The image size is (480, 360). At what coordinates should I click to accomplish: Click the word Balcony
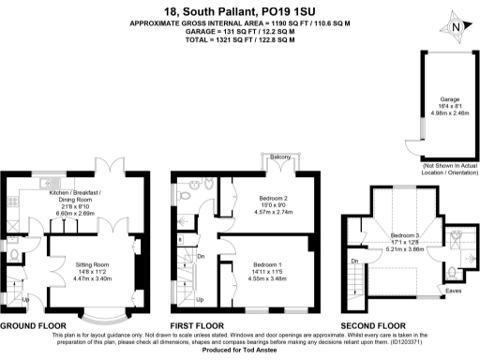click(279, 157)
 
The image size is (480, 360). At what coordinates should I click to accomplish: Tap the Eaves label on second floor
click(453, 292)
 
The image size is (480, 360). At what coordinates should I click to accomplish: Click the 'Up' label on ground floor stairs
click(26, 300)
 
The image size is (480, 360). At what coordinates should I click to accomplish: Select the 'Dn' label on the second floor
click(354, 261)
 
